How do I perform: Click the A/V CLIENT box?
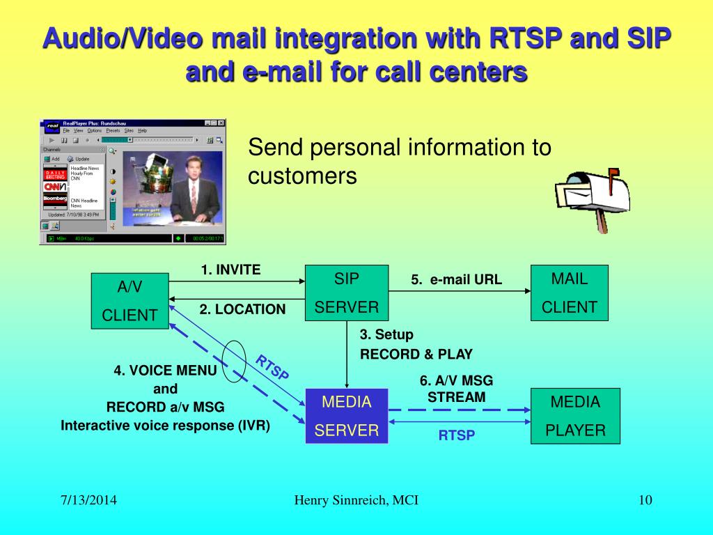pos(130,300)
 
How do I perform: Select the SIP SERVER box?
pos(347,293)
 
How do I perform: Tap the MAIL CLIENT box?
pos(569,293)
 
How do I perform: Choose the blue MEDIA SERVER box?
pos(347,416)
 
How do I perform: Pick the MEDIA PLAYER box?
pos(575,416)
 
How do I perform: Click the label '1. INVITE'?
pos(230,270)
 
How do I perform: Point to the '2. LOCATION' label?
pos(242,309)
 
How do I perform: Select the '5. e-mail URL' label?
pos(456,280)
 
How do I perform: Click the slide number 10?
pos(644,500)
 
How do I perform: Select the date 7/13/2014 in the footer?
pos(87,500)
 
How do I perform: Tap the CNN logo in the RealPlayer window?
pos(55,187)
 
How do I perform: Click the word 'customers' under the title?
pos(302,176)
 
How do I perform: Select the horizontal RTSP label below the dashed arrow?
pos(456,436)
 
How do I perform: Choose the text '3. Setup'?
pos(386,334)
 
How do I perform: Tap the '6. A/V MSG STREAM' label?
pos(456,389)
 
